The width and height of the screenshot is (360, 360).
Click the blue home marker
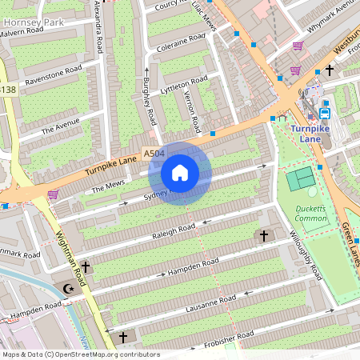click(x=180, y=172)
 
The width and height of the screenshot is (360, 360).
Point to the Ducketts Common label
click(x=310, y=214)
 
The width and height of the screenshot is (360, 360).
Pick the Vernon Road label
click(x=192, y=112)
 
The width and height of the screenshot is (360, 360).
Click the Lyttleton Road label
click(x=184, y=84)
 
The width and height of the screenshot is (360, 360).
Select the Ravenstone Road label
click(x=54, y=76)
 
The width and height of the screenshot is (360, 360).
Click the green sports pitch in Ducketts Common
click(x=302, y=178)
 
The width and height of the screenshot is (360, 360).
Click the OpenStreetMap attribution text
click(x=80, y=354)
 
